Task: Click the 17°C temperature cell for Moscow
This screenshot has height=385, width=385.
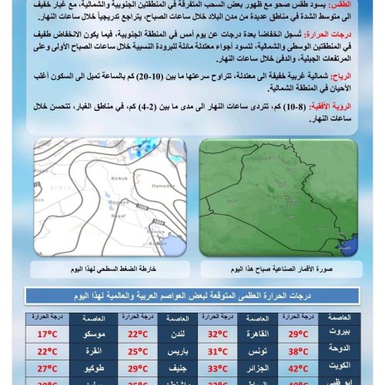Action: pyautogui.click(x=48, y=334)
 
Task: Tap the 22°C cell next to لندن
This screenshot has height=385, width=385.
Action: pyautogui.click(x=137, y=334)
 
